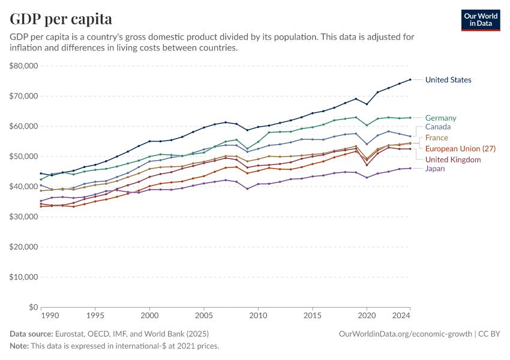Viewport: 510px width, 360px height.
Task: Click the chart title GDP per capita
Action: click(x=61, y=19)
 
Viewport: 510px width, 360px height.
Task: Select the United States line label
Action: click(x=448, y=80)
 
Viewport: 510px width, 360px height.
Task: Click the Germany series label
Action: click(x=440, y=118)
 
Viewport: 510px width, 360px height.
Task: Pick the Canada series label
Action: click(x=437, y=127)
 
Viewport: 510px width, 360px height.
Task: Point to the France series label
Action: click(x=436, y=138)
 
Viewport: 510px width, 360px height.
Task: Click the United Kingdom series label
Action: click(x=452, y=160)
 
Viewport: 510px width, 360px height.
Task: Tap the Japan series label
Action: click(x=435, y=169)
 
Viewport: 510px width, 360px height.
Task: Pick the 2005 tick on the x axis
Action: click(x=204, y=315)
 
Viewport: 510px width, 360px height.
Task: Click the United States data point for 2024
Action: click(x=410, y=79)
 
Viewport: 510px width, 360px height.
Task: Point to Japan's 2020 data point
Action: click(x=367, y=178)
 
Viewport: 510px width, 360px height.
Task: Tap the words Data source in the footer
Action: click(x=31, y=334)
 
